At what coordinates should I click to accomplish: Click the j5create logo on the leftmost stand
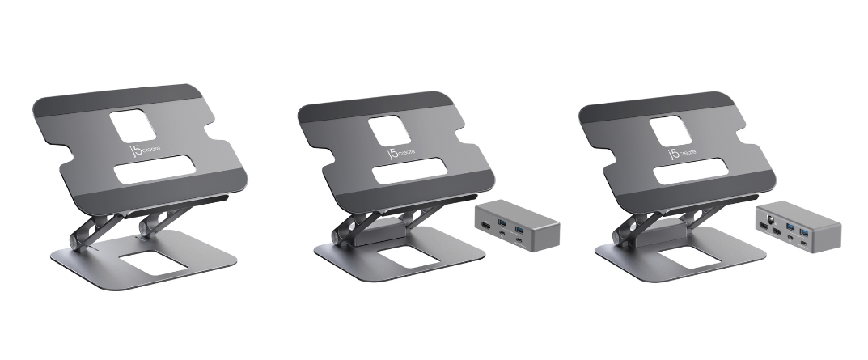[146, 150]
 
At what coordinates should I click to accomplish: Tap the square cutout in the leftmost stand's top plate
[133, 125]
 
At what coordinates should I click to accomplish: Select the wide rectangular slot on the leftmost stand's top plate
[155, 169]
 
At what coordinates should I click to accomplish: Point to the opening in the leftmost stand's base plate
[154, 263]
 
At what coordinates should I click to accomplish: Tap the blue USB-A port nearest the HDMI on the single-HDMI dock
[502, 222]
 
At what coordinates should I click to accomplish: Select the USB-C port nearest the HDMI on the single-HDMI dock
[502, 233]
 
